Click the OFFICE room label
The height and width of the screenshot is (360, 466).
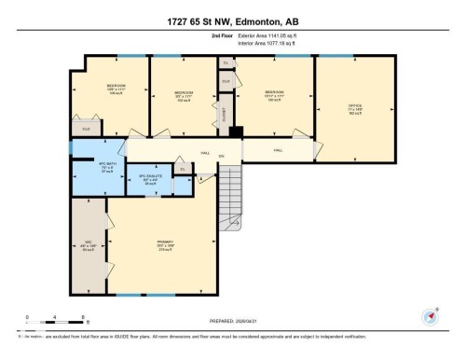click(x=355, y=107)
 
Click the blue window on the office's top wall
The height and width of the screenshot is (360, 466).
click(x=354, y=56)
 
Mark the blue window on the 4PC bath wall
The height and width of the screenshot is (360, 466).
click(x=71, y=147)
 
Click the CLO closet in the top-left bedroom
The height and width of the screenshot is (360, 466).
click(x=87, y=127)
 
